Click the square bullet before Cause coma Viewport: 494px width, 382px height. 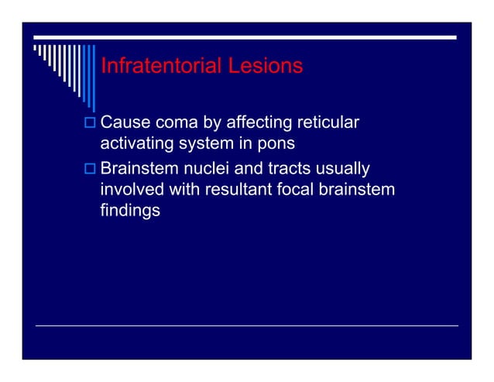pos(90,122)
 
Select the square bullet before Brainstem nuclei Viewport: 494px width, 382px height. pos(90,169)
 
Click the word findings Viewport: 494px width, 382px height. pos(130,210)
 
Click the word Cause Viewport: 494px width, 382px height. pos(125,122)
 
